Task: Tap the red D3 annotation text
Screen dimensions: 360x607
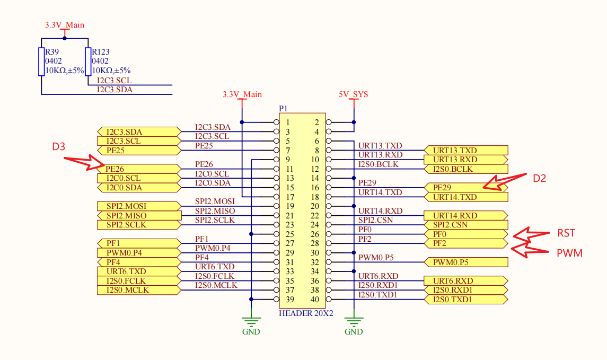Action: pyautogui.click(x=58, y=146)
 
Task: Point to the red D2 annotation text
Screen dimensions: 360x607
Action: pyautogui.click(x=539, y=179)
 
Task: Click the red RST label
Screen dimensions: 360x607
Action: pyautogui.click(x=566, y=233)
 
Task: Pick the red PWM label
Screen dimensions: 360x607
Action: pyautogui.click(x=569, y=253)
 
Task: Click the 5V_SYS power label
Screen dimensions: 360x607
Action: pyautogui.click(x=353, y=95)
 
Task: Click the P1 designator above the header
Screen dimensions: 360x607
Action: pyautogui.click(x=283, y=109)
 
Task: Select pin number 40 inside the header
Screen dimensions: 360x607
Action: pyautogui.click(x=314, y=300)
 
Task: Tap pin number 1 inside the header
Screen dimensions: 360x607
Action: pyautogui.click(x=287, y=122)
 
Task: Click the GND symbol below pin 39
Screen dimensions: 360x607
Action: pyautogui.click(x=251, y=321)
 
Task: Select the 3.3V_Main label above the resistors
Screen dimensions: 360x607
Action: pyautogui.click(x=65, y=25)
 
